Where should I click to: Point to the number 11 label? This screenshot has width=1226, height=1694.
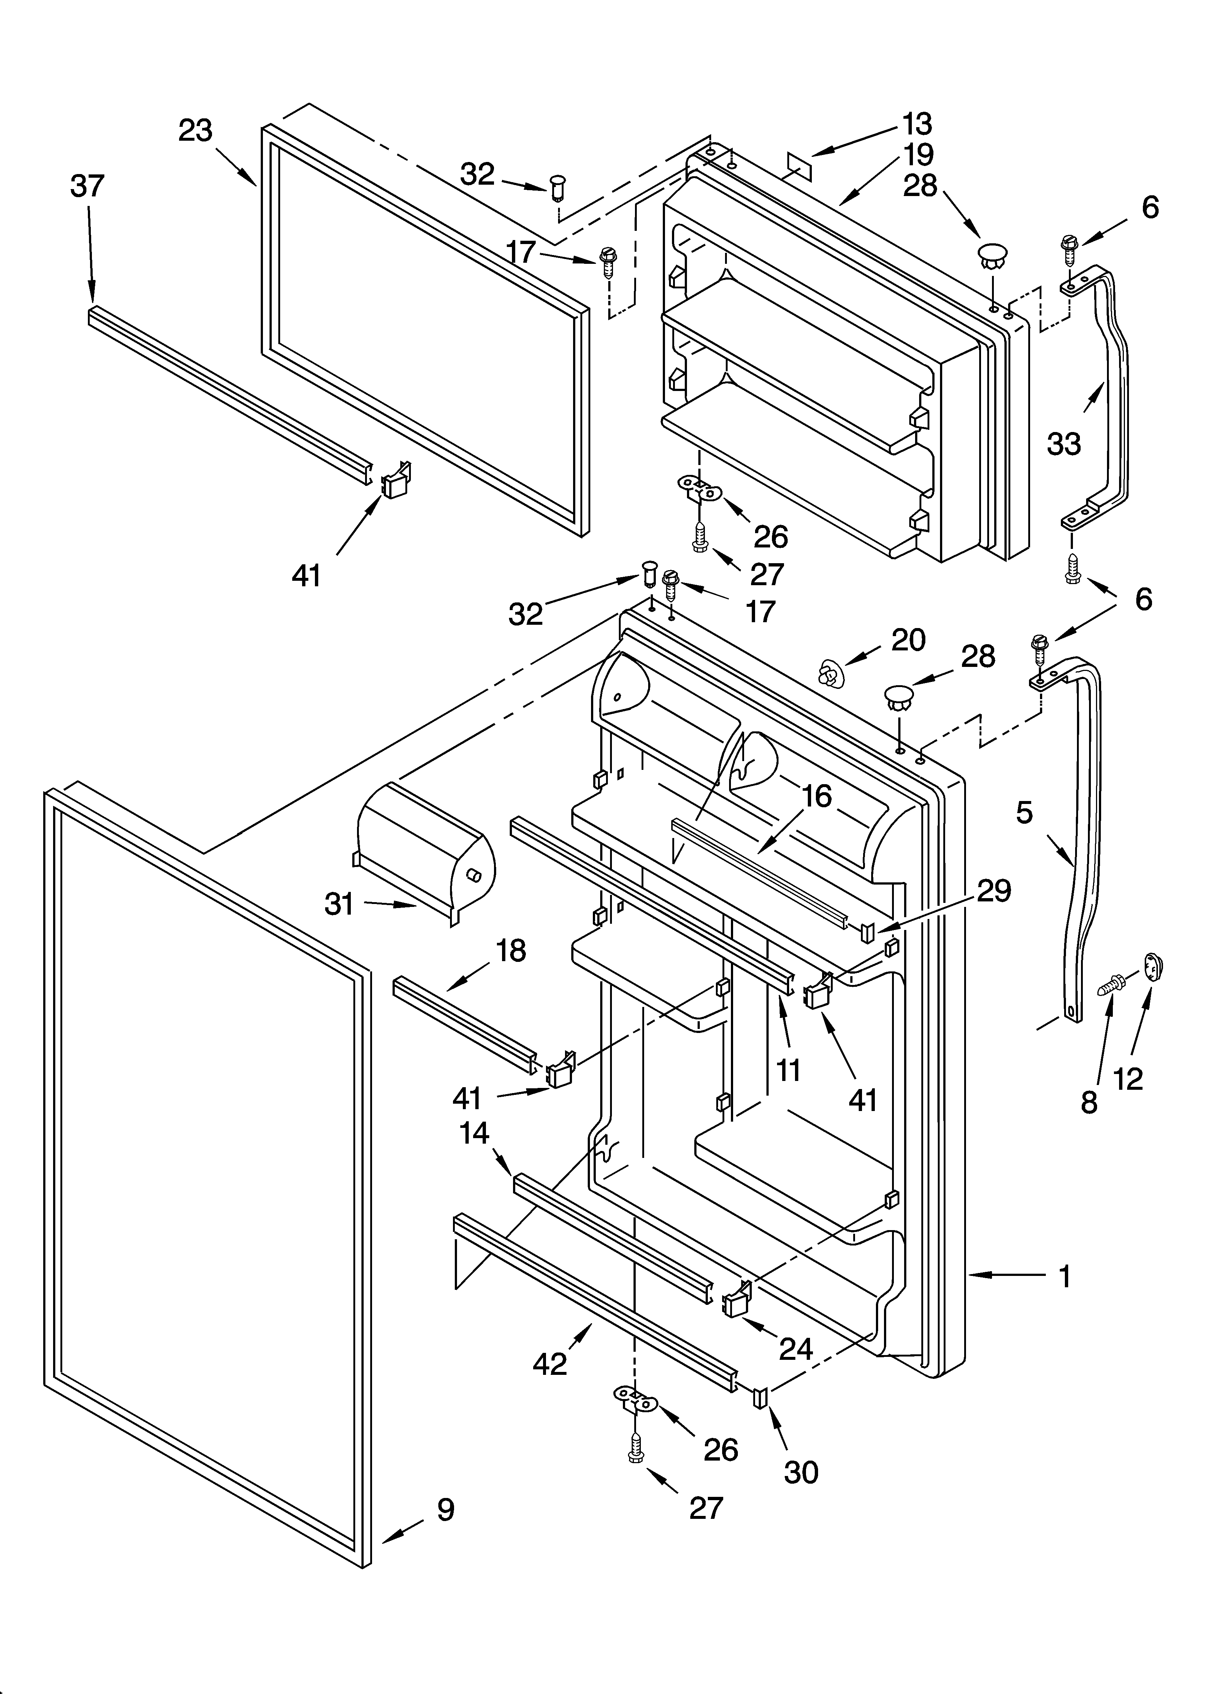(x=788, y=1070)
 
